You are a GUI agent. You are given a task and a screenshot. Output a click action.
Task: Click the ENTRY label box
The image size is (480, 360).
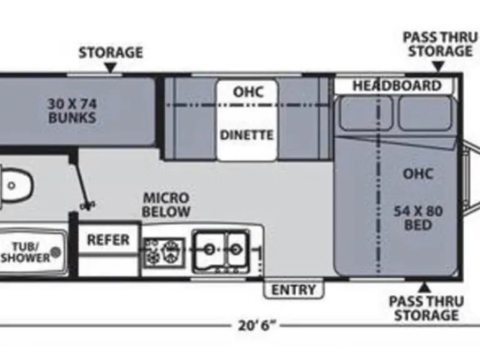[x=294, y=289]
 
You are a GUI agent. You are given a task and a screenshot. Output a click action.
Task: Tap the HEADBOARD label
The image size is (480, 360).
[x=396, y=86]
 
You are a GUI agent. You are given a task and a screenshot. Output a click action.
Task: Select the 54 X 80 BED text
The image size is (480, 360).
[x=418, y=217]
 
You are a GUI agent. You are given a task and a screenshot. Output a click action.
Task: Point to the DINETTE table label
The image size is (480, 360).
[x=247, y=135]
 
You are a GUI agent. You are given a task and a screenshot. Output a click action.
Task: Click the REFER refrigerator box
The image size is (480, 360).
[x=108, y=239]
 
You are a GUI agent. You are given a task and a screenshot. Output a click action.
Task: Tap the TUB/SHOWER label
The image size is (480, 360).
[x=25, y=251]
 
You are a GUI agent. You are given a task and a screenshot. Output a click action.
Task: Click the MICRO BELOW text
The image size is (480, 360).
[x=166, y=205]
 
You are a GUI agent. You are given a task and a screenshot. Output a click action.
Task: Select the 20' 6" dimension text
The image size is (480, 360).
[x=257, y=325]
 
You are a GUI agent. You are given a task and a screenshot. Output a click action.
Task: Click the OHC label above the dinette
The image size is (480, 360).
[x=247, y=92]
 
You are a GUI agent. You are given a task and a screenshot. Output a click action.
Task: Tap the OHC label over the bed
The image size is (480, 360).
[x=417, y=173]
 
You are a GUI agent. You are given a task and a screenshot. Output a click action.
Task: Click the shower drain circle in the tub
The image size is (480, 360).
[x=56, y=252]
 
